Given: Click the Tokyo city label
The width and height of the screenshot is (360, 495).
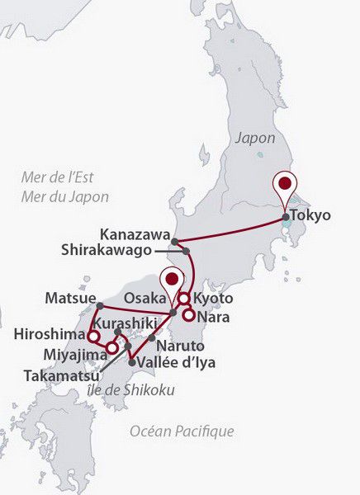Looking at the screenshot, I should pyautogui.click(x=311, y=215).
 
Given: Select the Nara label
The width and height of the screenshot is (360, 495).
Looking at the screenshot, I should pyautogui.click(x=214, y=315).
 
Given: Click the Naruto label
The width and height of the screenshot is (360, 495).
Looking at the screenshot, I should pyautogui.click(x=179, y=346).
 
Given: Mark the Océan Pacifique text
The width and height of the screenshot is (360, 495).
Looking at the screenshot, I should pyautogui.click(x=182, y=431).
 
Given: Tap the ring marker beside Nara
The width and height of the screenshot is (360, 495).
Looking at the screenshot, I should pyautogui.click(x=189, y=313).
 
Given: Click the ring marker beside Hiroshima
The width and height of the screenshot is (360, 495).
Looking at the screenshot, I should pyautogui.click(x=95, y=337).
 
